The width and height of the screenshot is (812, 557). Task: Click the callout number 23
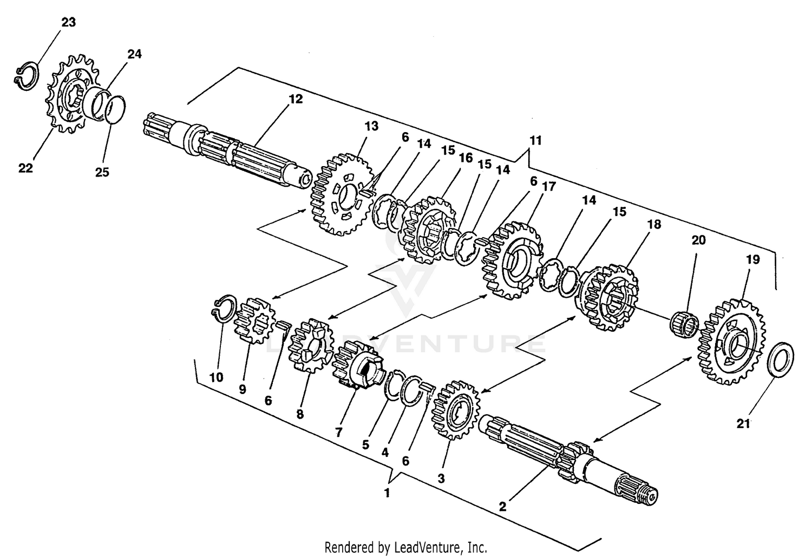point(68,22)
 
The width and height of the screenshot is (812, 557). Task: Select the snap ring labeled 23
point(26,76)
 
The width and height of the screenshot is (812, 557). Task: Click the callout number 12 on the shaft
point(296,99)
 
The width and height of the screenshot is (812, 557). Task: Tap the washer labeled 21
point(781,360)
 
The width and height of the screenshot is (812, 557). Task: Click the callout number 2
point(502,507)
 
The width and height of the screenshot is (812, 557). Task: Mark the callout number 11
point(535,141)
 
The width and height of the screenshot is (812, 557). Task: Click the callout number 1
point(387,493)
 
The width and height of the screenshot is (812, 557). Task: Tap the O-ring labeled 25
point(114,109)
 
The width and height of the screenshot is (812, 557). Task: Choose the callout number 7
point(338,432)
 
